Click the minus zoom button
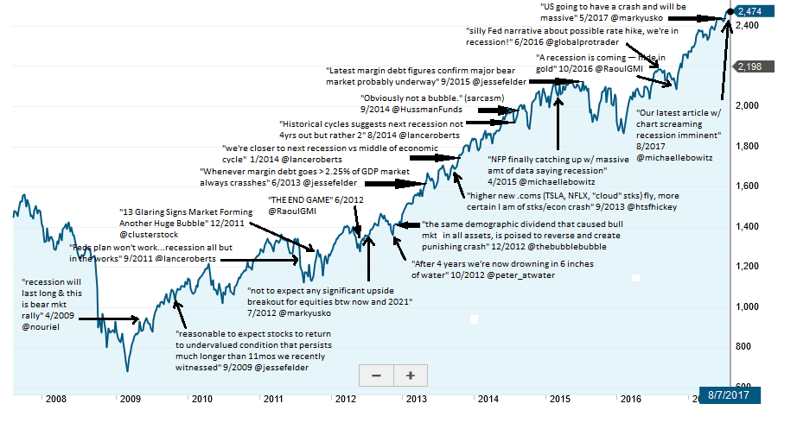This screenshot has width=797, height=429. click(x=376, y=375)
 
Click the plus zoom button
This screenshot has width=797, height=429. click(x=411, y=375)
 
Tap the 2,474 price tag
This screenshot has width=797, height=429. click(x=750, y=10)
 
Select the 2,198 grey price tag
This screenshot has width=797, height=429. click(x=749, y=66)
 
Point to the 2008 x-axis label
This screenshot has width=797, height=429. click(x=56, y=399)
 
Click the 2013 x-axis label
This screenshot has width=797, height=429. click(x=416, y=399)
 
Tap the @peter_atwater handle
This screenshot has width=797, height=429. click(x=522, y=274)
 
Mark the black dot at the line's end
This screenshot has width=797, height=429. click(x=730, y=11)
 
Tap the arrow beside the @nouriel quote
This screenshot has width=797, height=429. click(x=112, y=319)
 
